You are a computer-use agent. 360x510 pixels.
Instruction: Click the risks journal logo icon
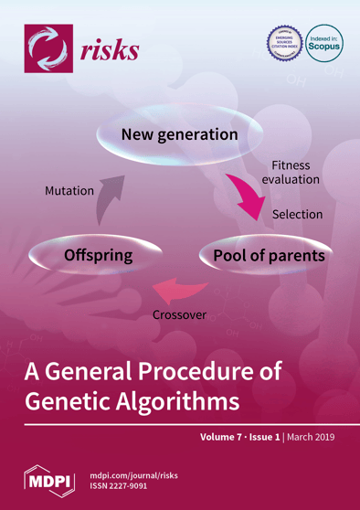click(48, 47)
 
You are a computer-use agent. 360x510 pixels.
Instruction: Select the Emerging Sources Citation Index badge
click(282, 43)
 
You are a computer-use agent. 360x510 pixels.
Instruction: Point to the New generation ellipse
click(179, 135)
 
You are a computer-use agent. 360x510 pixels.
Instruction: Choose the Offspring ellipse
click(98, 255)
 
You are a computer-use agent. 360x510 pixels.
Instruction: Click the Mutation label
click(69, 191)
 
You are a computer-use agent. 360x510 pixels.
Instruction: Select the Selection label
click(298, 214)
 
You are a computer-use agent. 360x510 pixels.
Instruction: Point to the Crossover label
click(179, 315)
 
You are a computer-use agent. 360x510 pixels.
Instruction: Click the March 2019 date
click(311, 437)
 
